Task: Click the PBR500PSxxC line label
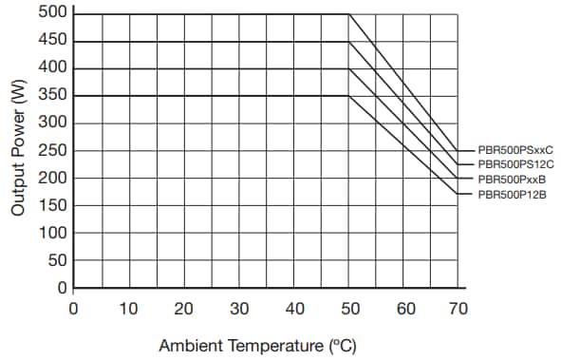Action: tap(514, 150)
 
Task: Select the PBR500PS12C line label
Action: tap(514, 164)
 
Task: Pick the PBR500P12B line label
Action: tap(513, 194)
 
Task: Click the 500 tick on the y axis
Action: tap(54, 13)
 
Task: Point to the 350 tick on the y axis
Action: tap(54, 96)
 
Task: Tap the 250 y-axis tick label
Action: tap(54, 151)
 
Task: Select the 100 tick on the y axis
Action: tap(54, 233)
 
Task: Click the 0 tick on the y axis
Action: tap(63, 288)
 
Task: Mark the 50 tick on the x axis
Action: tap(350, 309)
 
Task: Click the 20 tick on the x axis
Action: tap(184, 309)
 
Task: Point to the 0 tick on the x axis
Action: tap(73, 309)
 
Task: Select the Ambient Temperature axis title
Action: tap(257, 345)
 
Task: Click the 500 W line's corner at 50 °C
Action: tap(350, 13)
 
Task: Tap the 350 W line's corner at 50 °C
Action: tap(350, 96)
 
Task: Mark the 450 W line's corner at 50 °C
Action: tap(350, 41)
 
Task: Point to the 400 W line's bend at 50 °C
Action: tap(350, 68)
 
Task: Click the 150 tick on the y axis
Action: tap(54, 205)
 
